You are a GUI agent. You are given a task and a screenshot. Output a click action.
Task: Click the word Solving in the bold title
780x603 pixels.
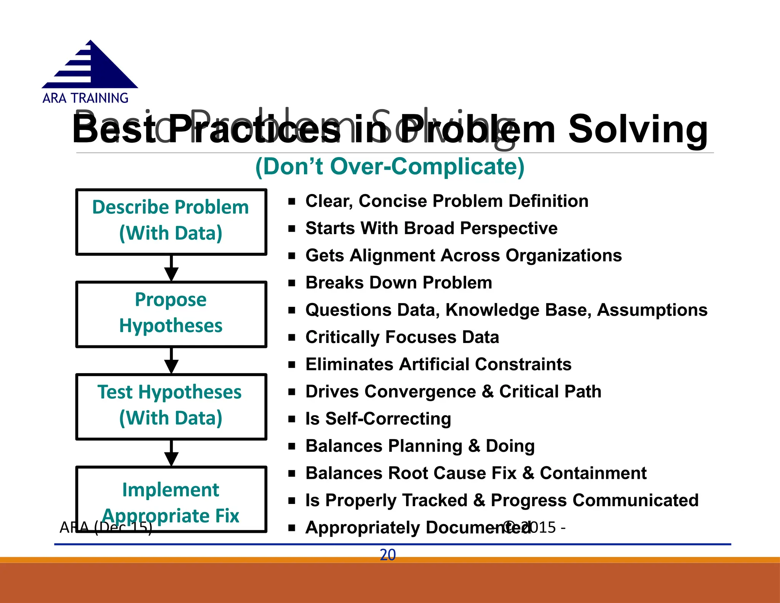pos(638,130)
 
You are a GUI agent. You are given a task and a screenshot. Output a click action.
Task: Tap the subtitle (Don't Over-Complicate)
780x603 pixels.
pos(390,167)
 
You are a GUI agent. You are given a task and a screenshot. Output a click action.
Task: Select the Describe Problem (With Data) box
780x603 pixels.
pos(171,221)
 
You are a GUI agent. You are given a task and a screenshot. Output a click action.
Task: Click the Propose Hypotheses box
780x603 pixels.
pos(171,314)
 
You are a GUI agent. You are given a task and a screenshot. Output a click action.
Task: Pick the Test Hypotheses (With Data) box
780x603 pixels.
pos(171,406)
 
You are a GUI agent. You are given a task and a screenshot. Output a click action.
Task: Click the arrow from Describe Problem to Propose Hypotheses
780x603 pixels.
pos(171,268)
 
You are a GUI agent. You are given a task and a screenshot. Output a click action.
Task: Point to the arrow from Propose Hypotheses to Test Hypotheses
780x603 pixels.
pos(171,361)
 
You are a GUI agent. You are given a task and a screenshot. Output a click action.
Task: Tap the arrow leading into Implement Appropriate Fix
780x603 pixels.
pos(171,453)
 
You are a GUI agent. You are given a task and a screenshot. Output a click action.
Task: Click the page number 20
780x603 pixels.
pos(388,555)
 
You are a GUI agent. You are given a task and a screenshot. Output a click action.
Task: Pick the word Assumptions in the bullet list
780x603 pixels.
pos(652,310)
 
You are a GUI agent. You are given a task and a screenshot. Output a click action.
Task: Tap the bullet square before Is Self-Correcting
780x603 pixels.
pos(292,419)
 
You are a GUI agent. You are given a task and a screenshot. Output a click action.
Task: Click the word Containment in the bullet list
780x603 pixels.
pos(593,473)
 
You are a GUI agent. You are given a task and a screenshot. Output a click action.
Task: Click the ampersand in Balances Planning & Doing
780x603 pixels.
pos(474,446)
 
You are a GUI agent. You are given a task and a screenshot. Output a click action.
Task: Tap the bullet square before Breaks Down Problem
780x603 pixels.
pos(292,283)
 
